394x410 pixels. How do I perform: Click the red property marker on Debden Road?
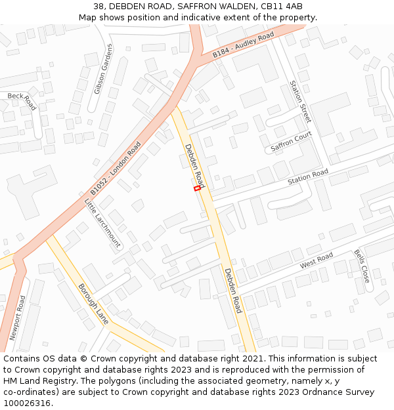[197, 188]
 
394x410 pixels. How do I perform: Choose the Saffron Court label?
[291, 142]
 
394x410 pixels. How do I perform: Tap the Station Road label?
[307, 176]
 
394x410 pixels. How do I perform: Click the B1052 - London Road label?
[116, 169]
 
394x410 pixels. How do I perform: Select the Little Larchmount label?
[103, 223]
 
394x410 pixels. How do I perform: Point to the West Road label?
[317, 260]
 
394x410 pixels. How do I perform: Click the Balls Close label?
[362, 266]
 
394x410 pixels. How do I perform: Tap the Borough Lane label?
[93, 304]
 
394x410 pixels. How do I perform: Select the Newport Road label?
[18, 318]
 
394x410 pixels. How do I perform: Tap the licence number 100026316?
[27, 403]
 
